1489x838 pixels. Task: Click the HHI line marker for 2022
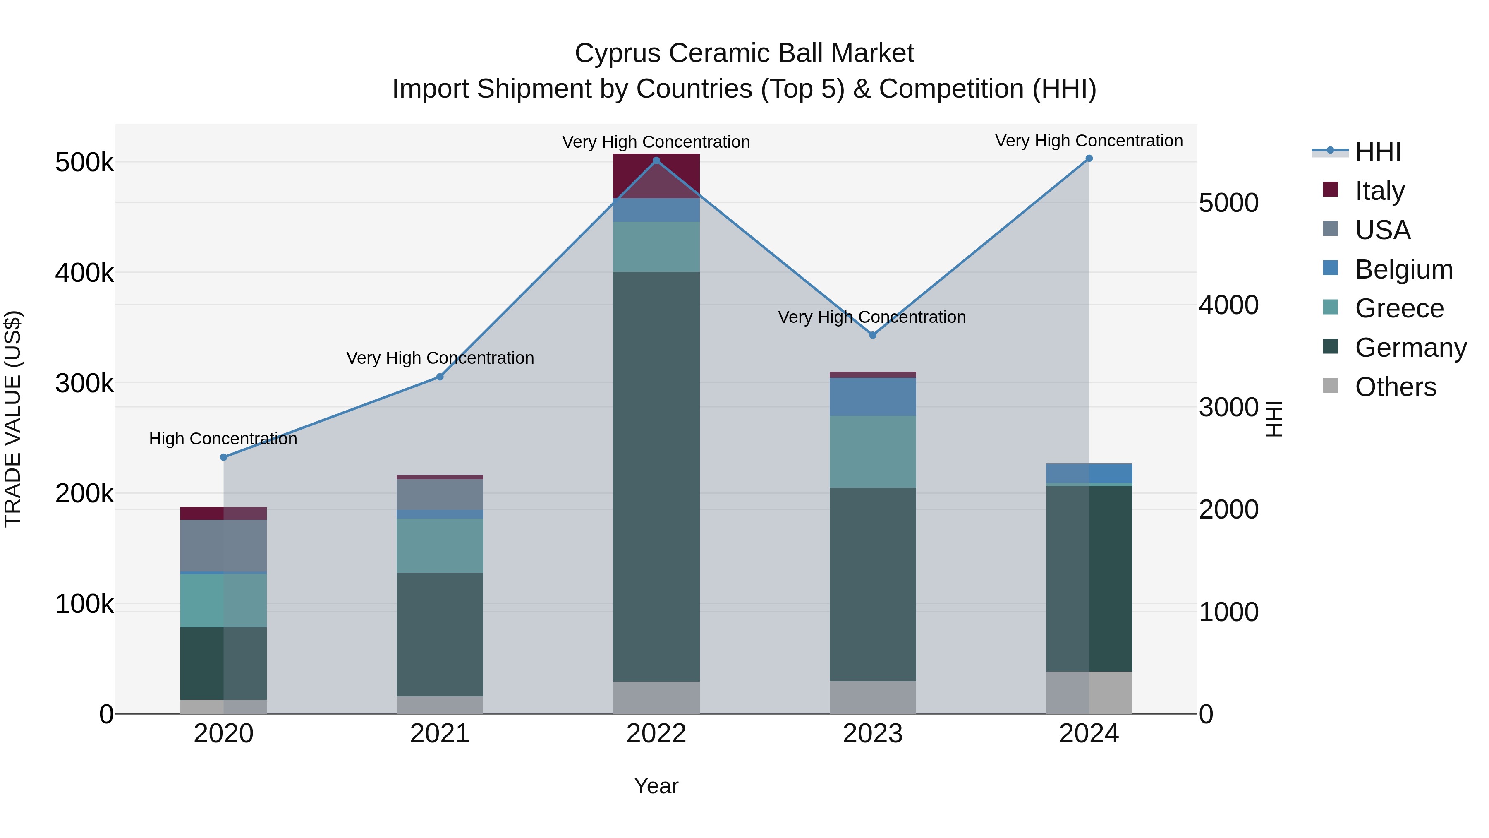coord(656,161)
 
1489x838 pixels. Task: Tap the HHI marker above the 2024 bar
coord(1089,158)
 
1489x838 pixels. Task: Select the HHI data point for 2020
coord(224,457)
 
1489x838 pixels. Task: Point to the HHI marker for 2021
coord(440,377)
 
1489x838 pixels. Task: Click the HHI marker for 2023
coord(873,336)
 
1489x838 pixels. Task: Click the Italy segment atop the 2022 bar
coord(656,176)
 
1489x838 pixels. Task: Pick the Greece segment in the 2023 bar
coord(873,451)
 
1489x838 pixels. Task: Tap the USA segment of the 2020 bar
coord(224,545)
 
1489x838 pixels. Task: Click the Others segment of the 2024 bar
coord(1089,692)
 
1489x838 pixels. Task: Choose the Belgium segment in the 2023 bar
coord(873,397)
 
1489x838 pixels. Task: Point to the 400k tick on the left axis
coord(84,273)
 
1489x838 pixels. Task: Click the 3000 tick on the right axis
coord(1229,408)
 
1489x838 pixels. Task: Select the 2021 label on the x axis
coord(440,734)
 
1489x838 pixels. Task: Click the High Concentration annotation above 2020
coord(223,439)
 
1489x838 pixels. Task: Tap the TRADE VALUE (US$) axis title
coord(13,419)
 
